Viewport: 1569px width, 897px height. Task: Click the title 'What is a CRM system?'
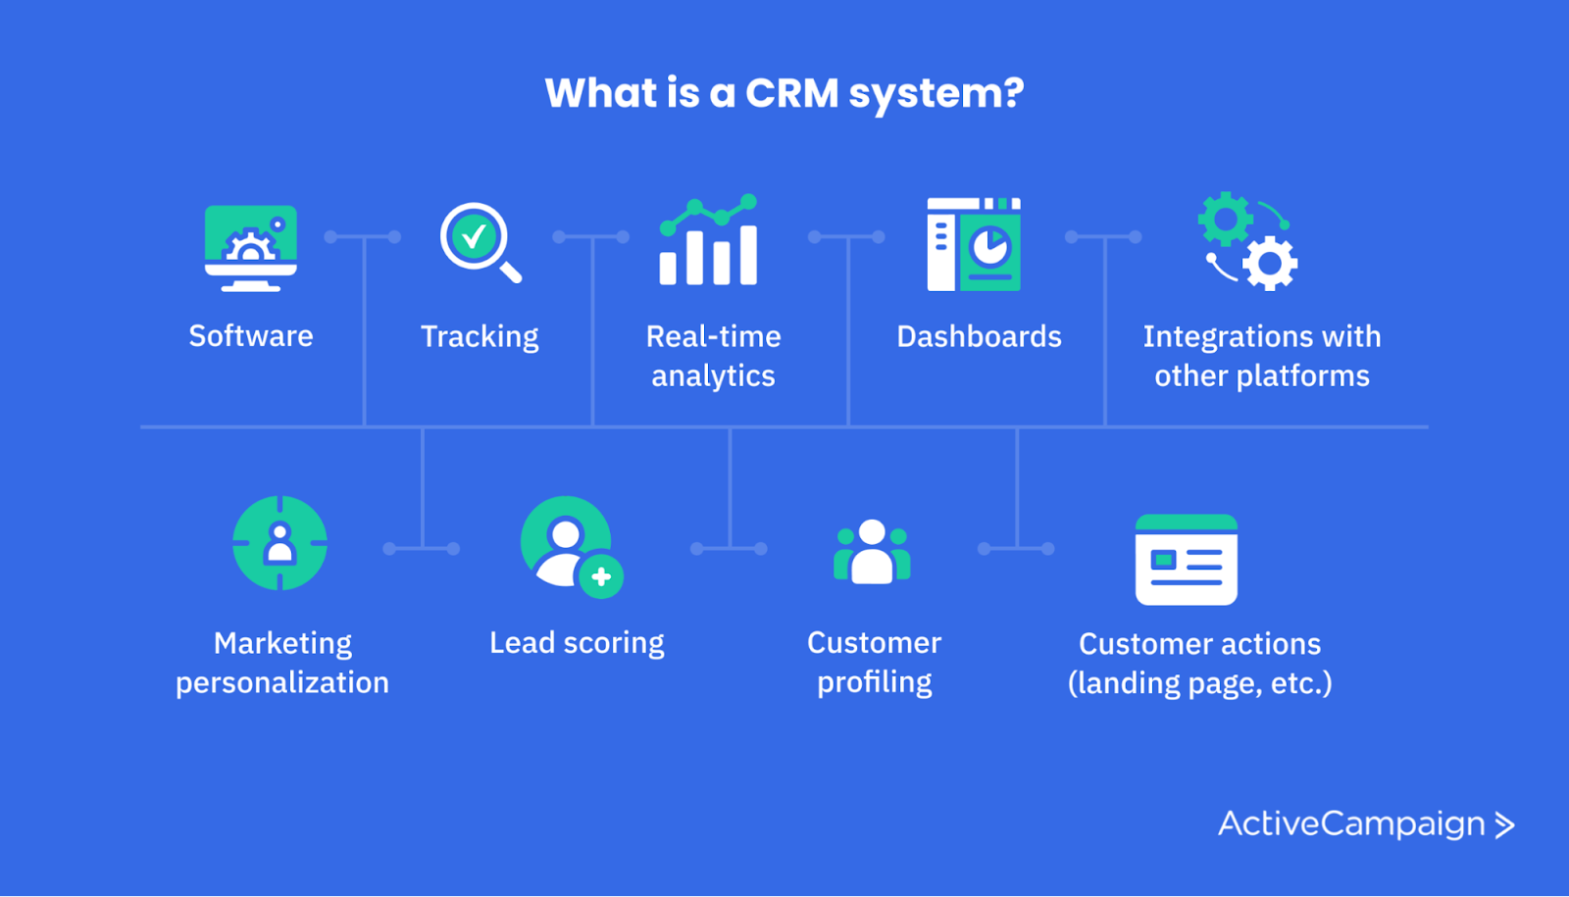pyautogui.click(x=784, y=93)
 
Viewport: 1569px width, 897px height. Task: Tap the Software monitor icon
pyautogui.click(x=251, y=247)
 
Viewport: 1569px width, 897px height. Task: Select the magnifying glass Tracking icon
pyautogui.click(x=480, y=241)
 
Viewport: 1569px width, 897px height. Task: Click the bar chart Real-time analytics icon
pyautogui.click(x=708, y=241)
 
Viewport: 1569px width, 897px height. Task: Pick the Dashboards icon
pyautogui.click(x=974, y=244)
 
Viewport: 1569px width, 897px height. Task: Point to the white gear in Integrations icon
pyautogui.click(x=1271, y=263)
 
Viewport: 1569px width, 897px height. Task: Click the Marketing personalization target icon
pyautogui.click(x=279, y=543)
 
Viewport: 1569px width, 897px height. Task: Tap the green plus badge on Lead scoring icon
pyautogui.click(x=601, y=576)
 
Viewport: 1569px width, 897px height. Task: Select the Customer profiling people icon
pyautogui.click(x=872, y=552)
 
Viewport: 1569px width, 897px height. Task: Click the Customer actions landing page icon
pyautogui.click(x=1186, y=560)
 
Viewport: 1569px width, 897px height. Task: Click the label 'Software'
pyautogui.click(x=251, y=336)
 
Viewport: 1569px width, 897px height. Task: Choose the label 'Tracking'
pyautogui.click(x=480, y=337)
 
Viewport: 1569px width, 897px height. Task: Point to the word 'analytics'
pyautogui.click(x=713, y=376)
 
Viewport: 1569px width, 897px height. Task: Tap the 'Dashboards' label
pyautogui.click(x=979, y=337)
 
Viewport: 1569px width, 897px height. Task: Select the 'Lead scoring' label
pyautogui.click(x=577, y=643)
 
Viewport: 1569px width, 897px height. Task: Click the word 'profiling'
pyautogui.click(x=874, y=682)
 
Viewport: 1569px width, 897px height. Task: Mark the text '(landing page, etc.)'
pyautogui.click(x=1199, y=683)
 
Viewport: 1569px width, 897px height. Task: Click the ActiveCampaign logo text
pyautogui.click(x=1351, y=823)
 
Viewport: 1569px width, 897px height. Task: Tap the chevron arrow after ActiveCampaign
pyautogui.click(x=1504, y=825)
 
